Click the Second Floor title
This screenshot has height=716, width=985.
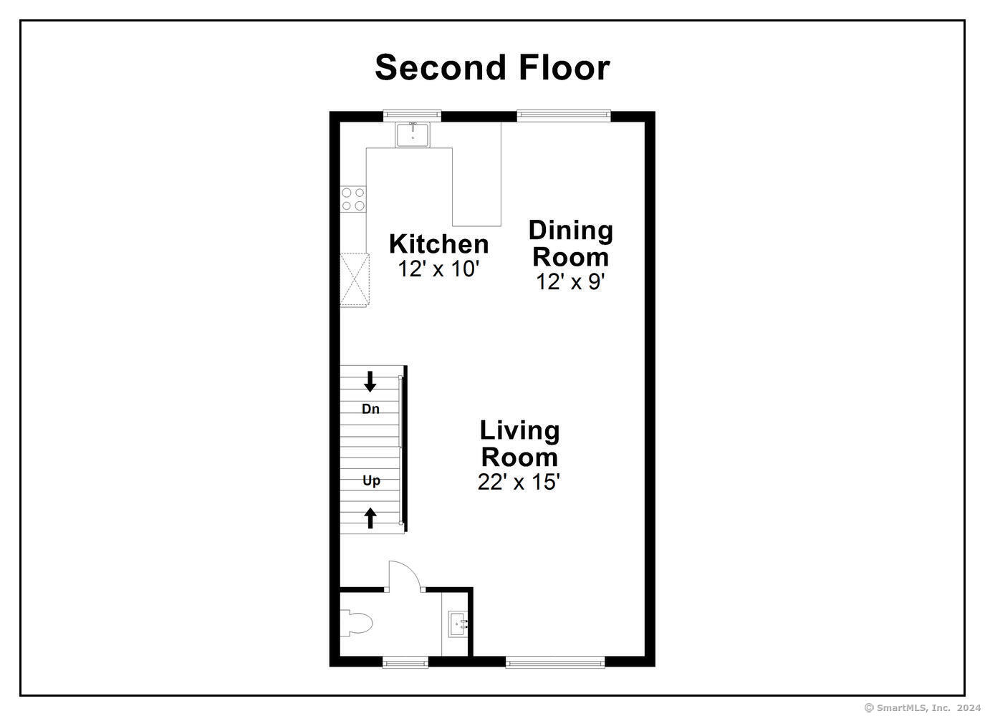coord(492,67)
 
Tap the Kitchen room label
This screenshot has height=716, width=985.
coord(438,243)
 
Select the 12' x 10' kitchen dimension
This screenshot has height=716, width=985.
coord(438,269)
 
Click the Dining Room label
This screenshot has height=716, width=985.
coord(571,243)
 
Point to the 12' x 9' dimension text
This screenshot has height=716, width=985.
coord(571,282)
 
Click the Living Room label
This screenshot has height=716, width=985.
coord(519,443)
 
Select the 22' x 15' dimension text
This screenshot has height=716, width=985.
coord(519,482)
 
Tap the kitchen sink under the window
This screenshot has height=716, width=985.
coord(413,134)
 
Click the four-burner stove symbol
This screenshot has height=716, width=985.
coord(352,199)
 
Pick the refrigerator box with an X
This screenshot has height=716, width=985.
coord(354,280)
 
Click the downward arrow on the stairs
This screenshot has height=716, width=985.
coord(370,382)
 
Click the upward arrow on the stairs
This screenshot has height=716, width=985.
coord(370,517)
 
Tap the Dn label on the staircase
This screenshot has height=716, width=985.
coord(370,409)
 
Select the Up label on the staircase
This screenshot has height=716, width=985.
coord(371,480)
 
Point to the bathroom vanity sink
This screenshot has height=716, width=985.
coord(458,624)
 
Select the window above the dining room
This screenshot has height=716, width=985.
coord(564,115)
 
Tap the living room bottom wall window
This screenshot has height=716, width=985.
coord(555,662)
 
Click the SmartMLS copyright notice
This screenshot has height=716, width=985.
coord(923,707)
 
